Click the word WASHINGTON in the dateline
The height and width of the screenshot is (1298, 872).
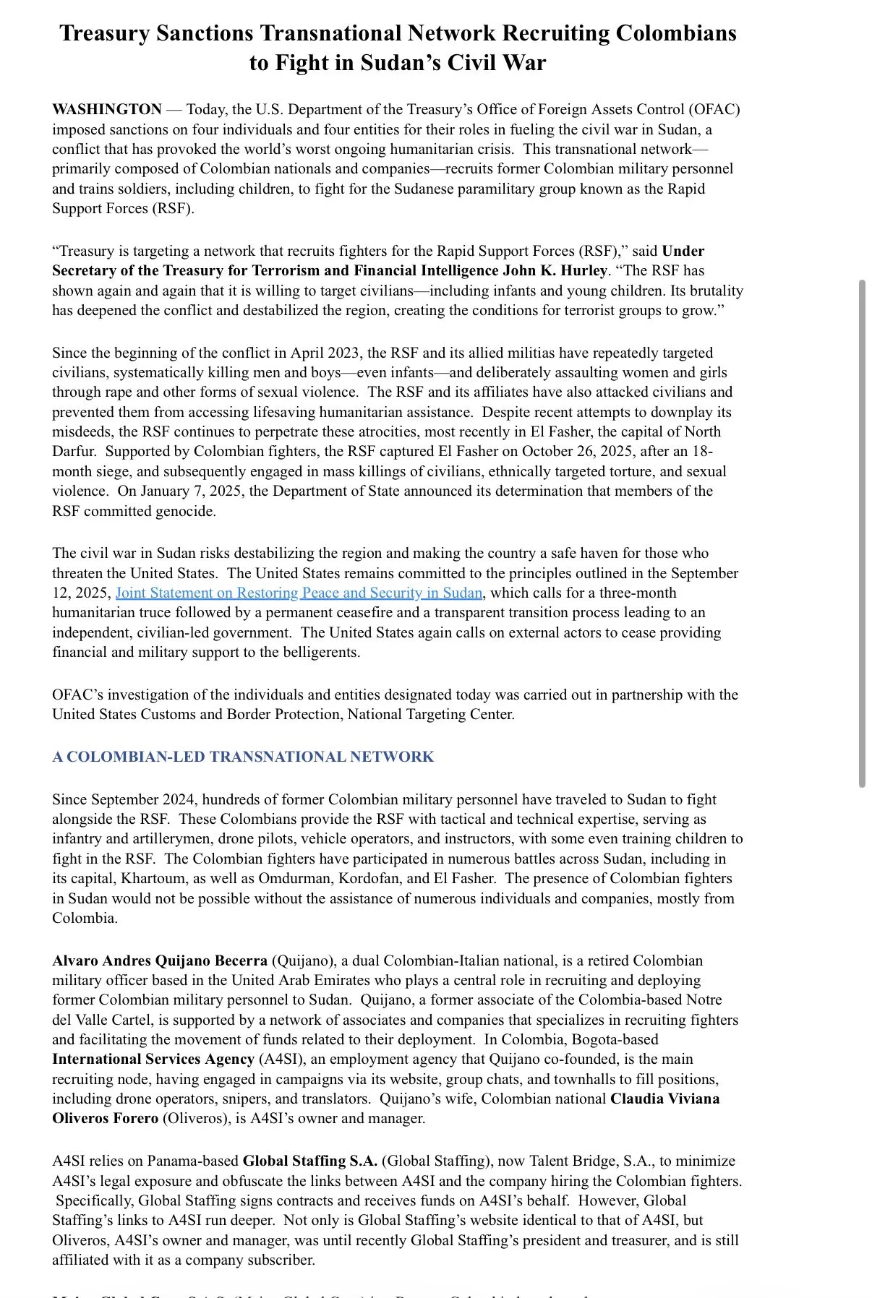[x=107, y=110]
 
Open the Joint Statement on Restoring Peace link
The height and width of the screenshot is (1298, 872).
[x=299, y=593]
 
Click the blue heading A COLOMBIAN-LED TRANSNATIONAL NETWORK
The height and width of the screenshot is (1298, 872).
[x=243, y=757]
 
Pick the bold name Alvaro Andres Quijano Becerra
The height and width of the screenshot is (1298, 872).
[x=160, y=961]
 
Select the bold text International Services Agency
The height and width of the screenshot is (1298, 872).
[x=153, y=1060]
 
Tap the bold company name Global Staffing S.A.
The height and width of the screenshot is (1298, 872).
[x=310, y=1161]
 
